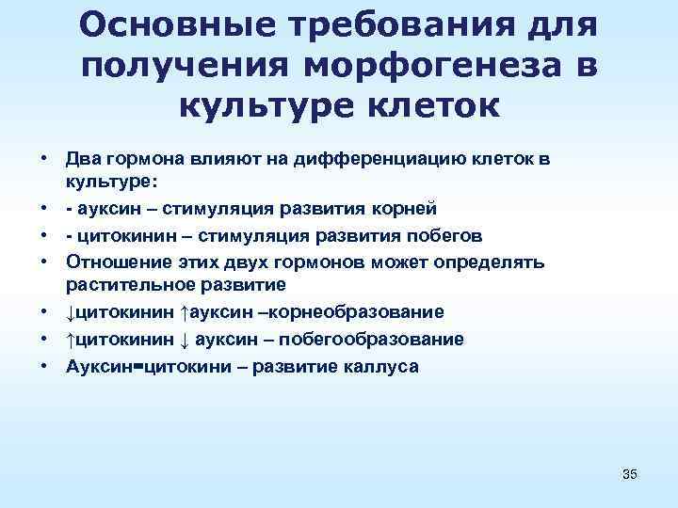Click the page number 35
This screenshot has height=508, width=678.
pyautogui.click(x=630, y=474)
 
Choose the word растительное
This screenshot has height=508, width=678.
pyautogui.click(x=121, y=283)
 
